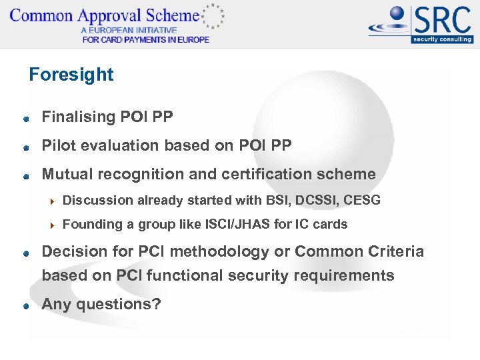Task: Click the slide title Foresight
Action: click(71, 75)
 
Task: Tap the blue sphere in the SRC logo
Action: click(397, 15)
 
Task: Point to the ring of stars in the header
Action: click(213, 16)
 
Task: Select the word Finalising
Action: click(79, 117)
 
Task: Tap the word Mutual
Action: click(67, 174)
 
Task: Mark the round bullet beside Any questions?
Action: click(25, 306)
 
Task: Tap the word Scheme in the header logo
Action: click(175, 15)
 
